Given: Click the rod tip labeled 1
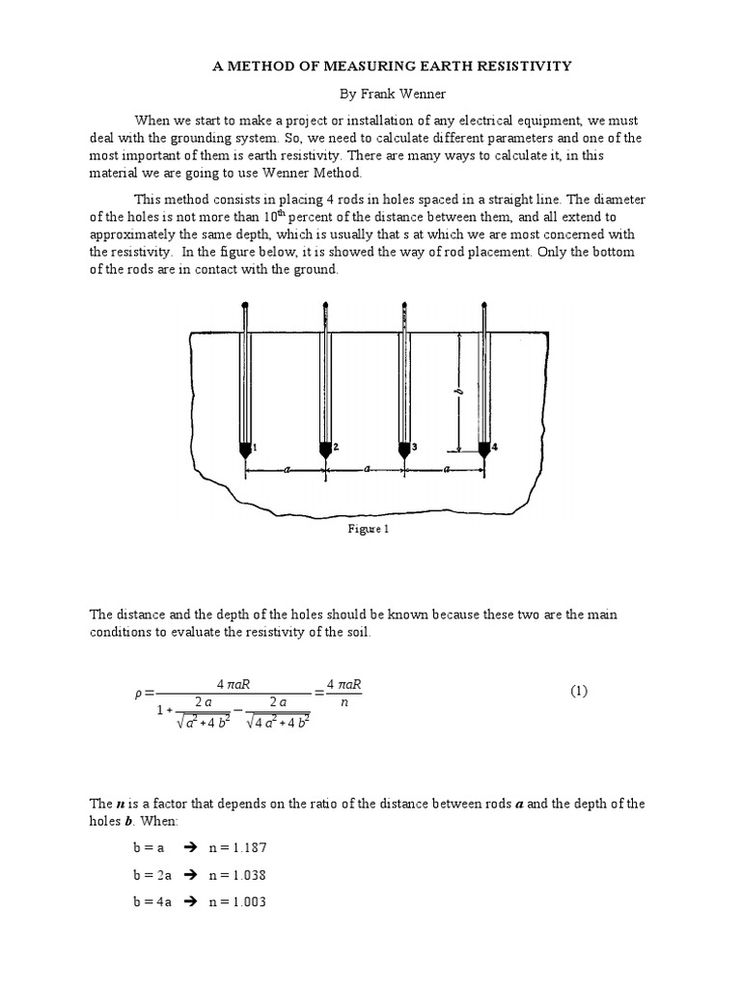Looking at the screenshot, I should pyautogui.click(x=245, y=449).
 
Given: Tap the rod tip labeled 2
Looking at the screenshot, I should pyautogui.click(x=325, y=449).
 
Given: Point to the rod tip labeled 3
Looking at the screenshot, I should pyautogui.click(x=404, y=449).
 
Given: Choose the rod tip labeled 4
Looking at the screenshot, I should pyautogui.click(x=483, y=449).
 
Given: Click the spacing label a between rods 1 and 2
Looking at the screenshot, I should pyautogui.click(x=286, y=470).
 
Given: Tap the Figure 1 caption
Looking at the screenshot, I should pyautogui.click(x=370, y=530).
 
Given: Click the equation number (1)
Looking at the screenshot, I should pyautogui.click(x=578, y=691).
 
